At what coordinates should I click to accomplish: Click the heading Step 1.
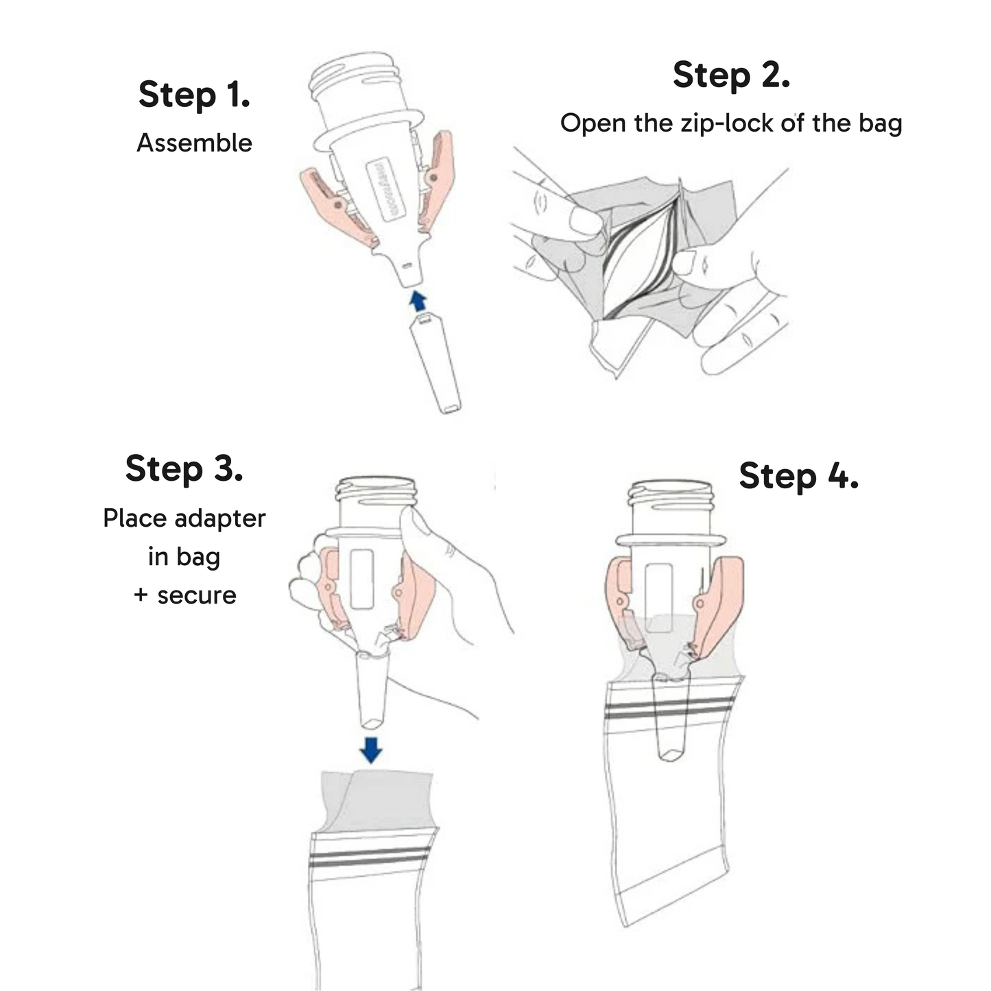click(194, 95)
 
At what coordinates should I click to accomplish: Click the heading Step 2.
click(731, 75)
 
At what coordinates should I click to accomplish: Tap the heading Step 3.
click(184, 469)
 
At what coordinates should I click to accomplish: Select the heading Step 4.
click(798, 476)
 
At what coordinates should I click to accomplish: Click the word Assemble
click(194, 143)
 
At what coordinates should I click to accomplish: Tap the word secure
click(196, 595)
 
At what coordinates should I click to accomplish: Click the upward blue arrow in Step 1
click(417, 300)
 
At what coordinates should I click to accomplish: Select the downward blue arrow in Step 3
click(371, 750)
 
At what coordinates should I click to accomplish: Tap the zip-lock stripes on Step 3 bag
click(370, 857)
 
